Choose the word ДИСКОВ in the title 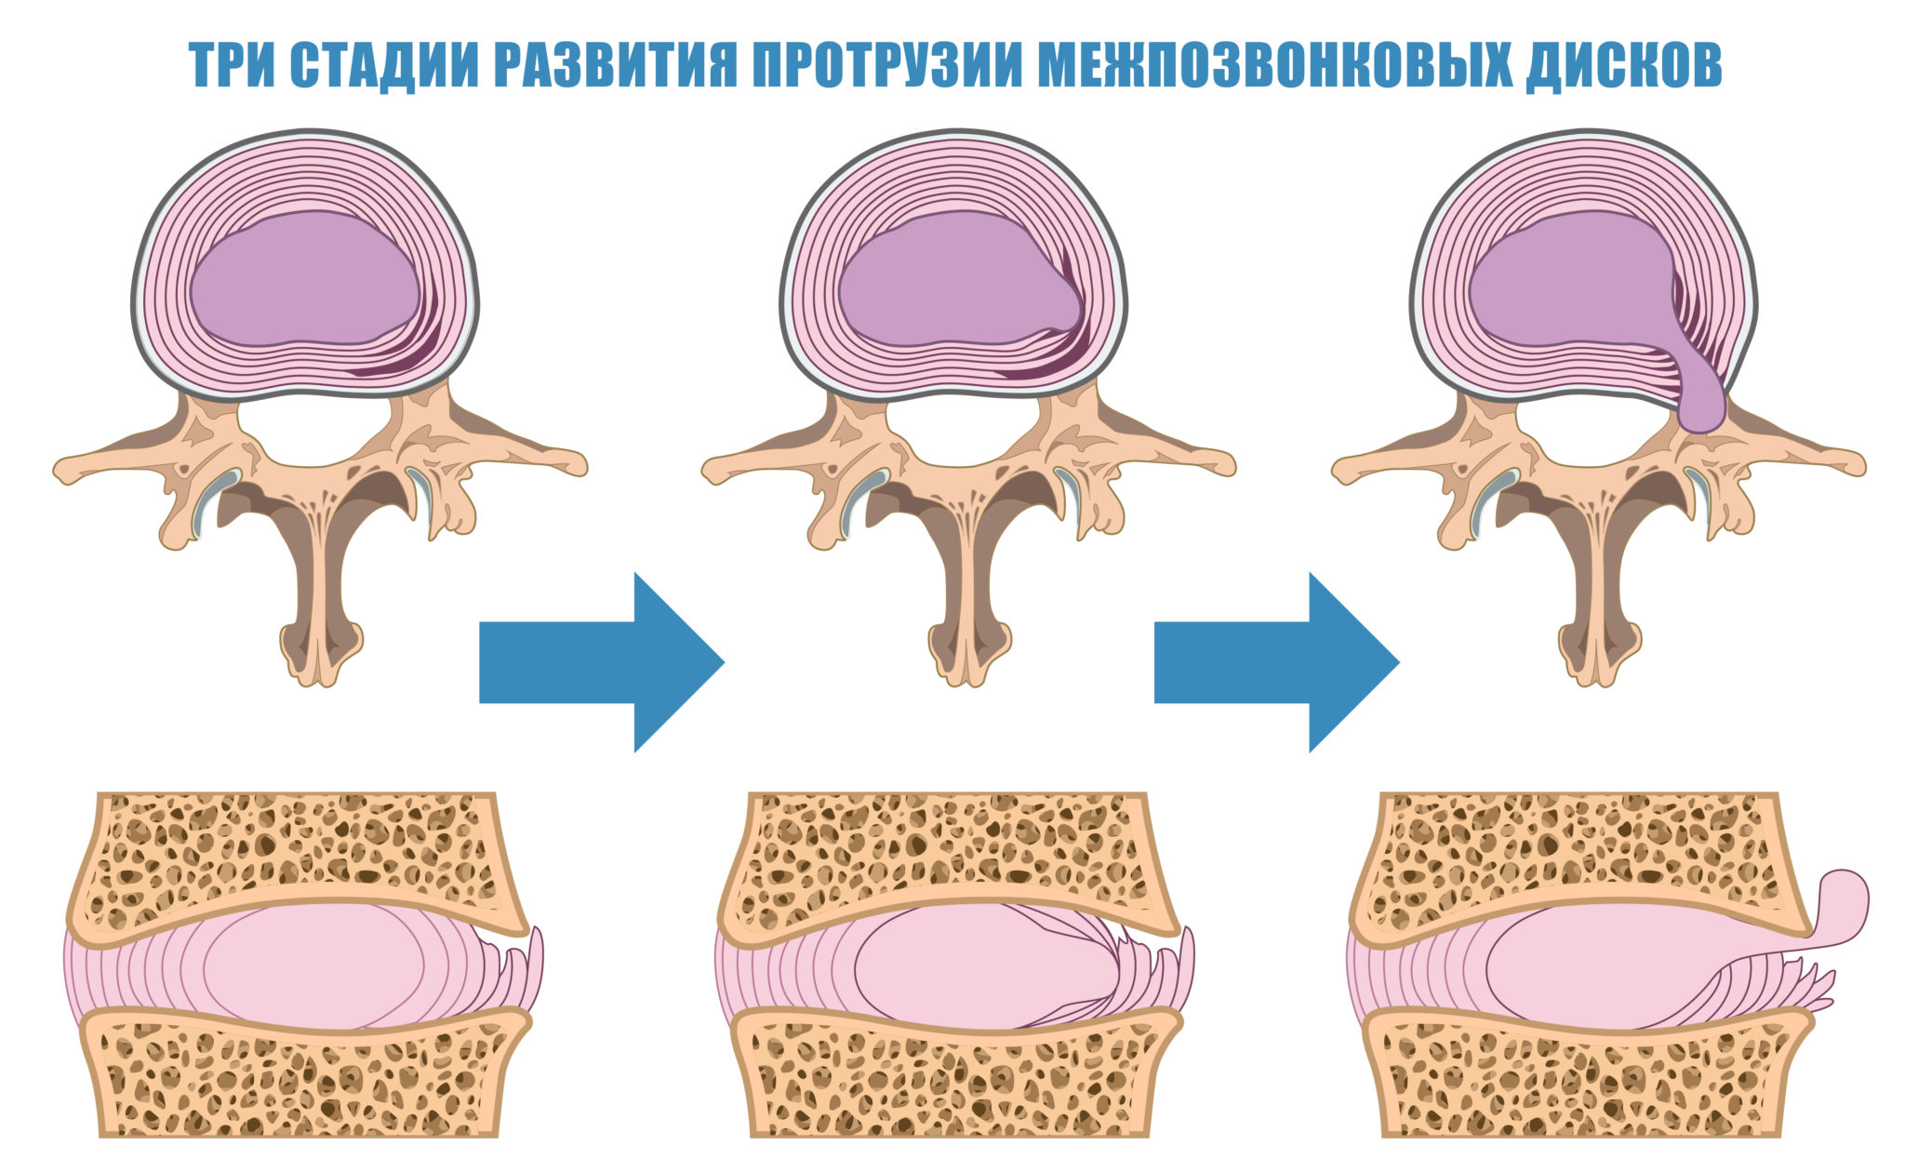click(x=1622, y=65)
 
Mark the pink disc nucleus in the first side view click(x=307, y=967)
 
